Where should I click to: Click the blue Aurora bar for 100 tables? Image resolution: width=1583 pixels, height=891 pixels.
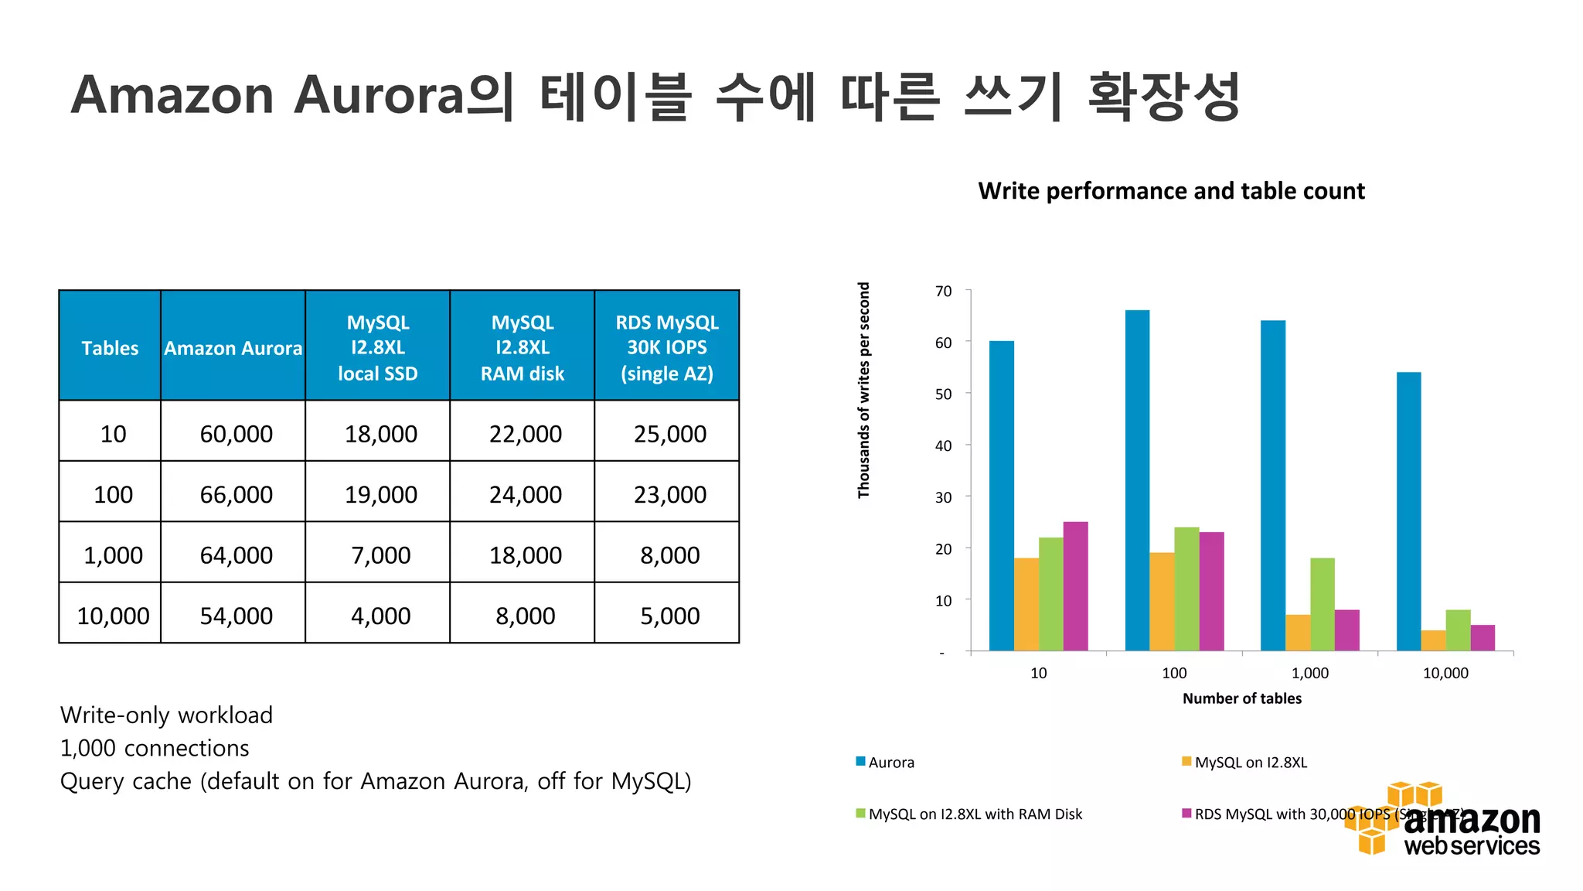(1137, 480)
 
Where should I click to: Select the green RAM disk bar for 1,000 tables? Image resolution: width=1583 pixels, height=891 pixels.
(1323, 604)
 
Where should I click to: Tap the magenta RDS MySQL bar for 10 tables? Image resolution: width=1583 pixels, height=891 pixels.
(1075, 585)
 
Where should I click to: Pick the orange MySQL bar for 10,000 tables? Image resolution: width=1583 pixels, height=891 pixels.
(1433, 640)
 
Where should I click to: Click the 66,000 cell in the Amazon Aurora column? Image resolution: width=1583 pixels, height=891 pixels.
(236, 494)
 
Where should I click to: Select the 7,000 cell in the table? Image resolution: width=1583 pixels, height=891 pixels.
(380, 555)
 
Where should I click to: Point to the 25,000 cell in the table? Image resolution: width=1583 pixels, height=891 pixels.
(669, 434)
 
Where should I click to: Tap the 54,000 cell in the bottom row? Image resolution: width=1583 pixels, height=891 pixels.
(236, 616)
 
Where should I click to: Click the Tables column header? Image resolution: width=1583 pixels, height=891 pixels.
(110, 348)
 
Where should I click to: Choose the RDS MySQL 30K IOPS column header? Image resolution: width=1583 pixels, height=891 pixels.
(666, 347)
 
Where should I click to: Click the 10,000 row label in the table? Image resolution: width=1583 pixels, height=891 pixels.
(113, 616)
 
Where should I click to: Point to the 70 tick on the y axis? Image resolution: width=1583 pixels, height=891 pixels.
(943, 292)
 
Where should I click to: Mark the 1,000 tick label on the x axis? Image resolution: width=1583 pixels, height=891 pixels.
(1310, 673)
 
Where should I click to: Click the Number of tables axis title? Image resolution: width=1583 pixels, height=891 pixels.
(1241, 698)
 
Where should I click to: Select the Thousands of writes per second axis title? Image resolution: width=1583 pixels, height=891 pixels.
(863, 390)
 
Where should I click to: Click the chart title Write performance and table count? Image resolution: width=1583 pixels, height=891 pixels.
(1171, 191)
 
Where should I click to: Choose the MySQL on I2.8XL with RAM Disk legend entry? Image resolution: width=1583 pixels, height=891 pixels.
(975, 814)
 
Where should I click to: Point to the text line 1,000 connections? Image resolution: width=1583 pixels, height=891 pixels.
(155, 748)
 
